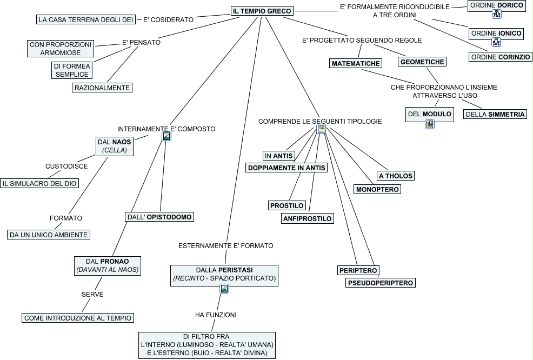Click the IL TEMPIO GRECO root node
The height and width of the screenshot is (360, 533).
coord(262,11)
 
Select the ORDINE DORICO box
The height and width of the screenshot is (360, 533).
coord(496,5)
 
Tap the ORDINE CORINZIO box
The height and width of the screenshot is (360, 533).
coord(500,57)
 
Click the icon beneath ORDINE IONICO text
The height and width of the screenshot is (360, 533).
coord(496,43)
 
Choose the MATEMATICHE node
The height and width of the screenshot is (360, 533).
coord(356,63)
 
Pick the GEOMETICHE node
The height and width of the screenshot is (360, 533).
coord(422,62)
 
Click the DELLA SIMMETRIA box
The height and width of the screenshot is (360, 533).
coord(495,114)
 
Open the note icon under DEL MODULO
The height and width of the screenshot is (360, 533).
coord(430,124)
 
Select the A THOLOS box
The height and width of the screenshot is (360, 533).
coord(396,176)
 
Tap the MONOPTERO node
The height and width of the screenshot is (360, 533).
coord(377,189)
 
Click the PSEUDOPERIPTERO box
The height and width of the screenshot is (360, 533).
coord(381,283)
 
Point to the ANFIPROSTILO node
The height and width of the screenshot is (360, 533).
coord(308,218)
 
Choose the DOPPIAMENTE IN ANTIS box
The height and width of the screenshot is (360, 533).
coord(287,168)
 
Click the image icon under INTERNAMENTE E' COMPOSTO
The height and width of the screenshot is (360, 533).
coord(166,137)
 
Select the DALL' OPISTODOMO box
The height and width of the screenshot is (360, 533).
coord(159,217)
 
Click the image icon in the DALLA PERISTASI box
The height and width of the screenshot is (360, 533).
coord(224,289)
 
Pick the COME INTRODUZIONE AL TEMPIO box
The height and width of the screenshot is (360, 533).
coord(78,318)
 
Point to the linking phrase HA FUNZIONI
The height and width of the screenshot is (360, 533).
coord(216,315)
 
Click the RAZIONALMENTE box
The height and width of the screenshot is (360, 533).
coord(102,88)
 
